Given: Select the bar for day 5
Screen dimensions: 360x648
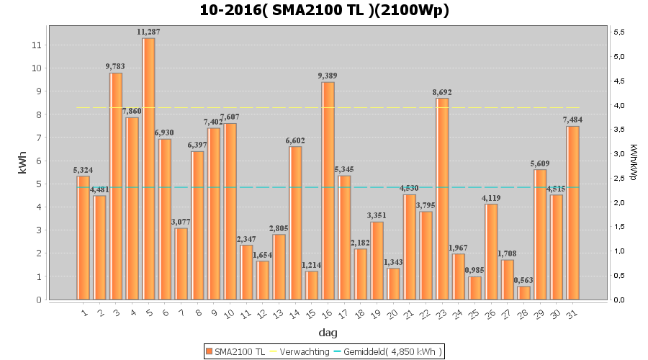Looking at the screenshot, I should (x=148, y=168).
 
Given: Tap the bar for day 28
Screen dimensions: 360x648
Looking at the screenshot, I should (x=523, y=292).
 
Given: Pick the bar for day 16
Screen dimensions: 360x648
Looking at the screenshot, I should (x=328, y=191).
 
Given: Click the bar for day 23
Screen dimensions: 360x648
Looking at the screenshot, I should (x=442, y=199).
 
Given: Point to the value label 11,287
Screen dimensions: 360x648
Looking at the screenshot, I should (x=148, y=32).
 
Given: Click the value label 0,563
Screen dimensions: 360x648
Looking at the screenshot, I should (x=523, y=280).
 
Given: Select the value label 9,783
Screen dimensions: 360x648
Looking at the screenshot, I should (x=116, y=66).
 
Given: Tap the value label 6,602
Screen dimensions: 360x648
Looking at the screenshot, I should (x=295, y=140).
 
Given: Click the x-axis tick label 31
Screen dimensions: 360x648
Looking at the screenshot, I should (x=572, y=314).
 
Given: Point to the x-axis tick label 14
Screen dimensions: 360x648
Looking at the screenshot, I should (x=294, y=314).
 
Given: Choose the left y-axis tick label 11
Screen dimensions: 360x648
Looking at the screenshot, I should (x=37, y=45).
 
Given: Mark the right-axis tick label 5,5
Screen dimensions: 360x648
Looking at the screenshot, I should (x=618, y=32).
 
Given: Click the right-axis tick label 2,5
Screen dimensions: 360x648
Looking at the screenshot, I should (x=618, y=178).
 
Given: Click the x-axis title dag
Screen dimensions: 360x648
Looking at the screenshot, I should (x=328, y=333).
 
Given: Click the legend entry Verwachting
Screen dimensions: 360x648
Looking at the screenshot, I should (x=300, y=351).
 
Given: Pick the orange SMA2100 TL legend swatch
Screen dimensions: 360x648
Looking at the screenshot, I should (x=209, y=351).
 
